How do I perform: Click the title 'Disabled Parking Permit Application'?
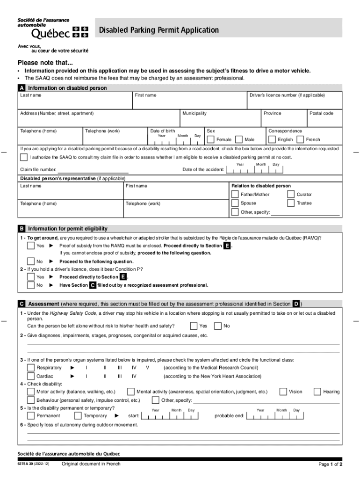(x=158, y=30)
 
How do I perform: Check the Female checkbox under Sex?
(x=211, y=139)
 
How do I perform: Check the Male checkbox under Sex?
(x=239, y=139)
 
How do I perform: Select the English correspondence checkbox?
(x=272, y=139)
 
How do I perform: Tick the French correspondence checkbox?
(x=301, y=139)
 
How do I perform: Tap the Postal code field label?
(x=321, y=113)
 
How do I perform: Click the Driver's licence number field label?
(x=287, y=95)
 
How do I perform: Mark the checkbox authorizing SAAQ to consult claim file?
(x=24, y=157)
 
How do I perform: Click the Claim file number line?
(x=93, y=169)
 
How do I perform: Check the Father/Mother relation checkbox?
(x=235, y=194)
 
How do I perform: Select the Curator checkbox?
(x=291, y=194)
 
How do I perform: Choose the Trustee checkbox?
(x=291, y=203)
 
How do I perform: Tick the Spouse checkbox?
(x=235, y=203)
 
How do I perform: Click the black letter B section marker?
(x=22, y=229)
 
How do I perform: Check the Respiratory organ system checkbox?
(x=31, y=368)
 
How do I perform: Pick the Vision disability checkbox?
(x=283, y=392)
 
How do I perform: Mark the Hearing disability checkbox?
(x=317, y=392)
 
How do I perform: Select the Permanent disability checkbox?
(x=31, y=415)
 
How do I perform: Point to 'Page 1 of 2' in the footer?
(x=330, y=464)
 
